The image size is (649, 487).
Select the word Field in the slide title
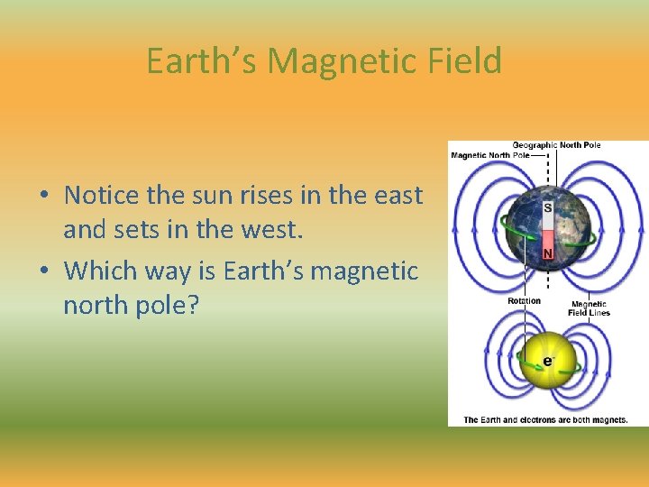tap(467, 61)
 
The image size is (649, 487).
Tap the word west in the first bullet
tap(272, 231)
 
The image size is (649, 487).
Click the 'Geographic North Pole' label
tap(556, 145)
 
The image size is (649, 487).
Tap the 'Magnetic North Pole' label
tap(490, 155)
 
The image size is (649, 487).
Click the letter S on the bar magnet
tap(547, 208)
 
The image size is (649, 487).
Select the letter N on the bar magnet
tap(547, 254)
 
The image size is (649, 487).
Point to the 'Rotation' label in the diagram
tap(524, 301)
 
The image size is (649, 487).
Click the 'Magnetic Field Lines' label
tap(589, 308)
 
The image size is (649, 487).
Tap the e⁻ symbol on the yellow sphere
tap(547, 361)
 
